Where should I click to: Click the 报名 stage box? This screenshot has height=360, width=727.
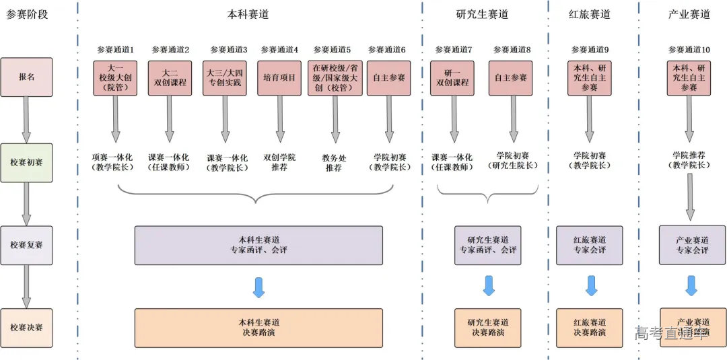26,77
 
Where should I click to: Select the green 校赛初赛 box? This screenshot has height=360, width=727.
26,162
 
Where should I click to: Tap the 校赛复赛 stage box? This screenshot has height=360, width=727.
26,245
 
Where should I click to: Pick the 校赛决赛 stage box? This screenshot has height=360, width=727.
26,328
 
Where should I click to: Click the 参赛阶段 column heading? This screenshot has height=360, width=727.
27,14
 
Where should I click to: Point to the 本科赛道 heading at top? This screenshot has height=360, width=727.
248,14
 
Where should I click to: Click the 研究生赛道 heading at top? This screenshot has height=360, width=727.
482,14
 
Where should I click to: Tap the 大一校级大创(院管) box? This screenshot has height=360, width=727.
115,77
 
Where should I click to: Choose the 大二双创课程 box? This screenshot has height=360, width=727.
170,77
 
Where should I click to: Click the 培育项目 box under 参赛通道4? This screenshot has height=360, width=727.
279,77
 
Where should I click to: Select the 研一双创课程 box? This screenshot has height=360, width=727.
452,77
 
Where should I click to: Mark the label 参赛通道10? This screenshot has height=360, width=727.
689,50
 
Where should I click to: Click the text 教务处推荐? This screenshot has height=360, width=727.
334,162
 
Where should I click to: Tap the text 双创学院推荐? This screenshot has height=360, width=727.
279,162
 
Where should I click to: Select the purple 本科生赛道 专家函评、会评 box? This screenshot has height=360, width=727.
258,245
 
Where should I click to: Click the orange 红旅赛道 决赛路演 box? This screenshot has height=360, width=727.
589,328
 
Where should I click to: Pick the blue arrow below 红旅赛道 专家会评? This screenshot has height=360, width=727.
591,285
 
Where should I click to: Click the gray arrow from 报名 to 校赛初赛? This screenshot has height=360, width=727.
26,119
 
